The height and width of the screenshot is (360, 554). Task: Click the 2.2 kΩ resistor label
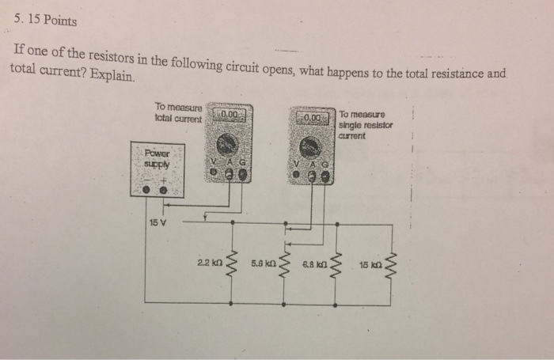point(209,261)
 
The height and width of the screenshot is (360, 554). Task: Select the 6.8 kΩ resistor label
point(315,263)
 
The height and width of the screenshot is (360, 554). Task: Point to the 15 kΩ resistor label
point(370,264)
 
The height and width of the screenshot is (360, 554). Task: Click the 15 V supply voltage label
point(157,222)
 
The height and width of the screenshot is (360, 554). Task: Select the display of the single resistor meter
point(312,118)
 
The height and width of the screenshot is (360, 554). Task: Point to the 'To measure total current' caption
point(179,112)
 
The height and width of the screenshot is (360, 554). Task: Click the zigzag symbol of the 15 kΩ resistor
point(392,269)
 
